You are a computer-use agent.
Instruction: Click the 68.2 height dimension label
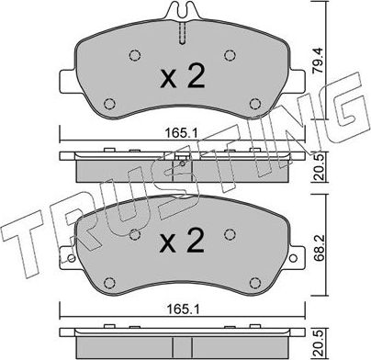[319, 249]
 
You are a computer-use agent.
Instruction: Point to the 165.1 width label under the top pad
[182, 133]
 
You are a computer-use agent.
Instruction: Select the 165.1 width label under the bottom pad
[182, 309]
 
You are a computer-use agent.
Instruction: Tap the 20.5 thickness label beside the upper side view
[319, 167]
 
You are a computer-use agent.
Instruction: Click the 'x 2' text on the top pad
[183, 78]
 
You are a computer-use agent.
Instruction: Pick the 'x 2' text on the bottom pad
[183, 242]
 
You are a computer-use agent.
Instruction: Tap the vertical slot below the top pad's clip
[183, 33]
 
